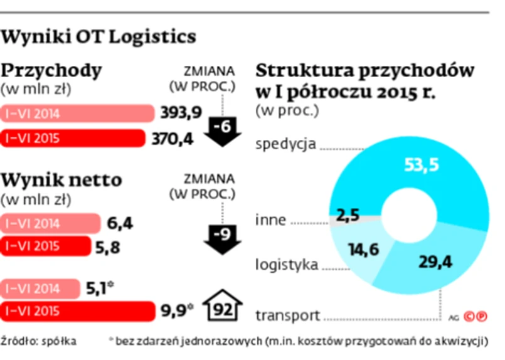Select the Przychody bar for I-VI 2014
(78, 114)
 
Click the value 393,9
(181, 113)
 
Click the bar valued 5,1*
(41, 288)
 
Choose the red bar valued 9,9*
(78, 310)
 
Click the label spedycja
(285, 145)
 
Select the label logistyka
(286, 264)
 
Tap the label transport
(288, 315)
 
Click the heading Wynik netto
(62, 181)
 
